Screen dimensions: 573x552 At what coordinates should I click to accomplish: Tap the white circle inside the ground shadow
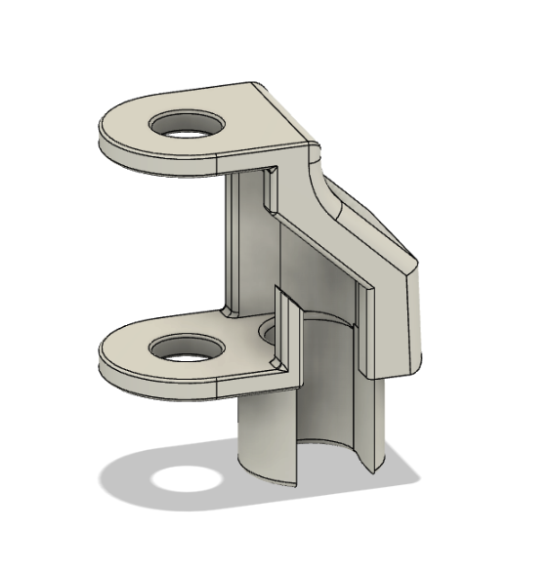click(x=186, y=479)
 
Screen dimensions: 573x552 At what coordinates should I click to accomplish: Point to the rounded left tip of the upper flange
click(x=107, y=132)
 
